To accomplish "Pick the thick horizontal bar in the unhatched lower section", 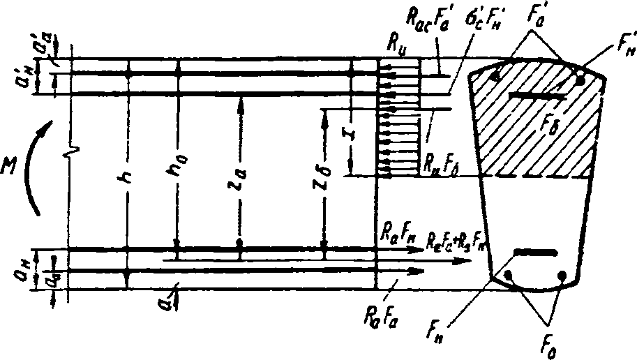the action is point(534,250).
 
